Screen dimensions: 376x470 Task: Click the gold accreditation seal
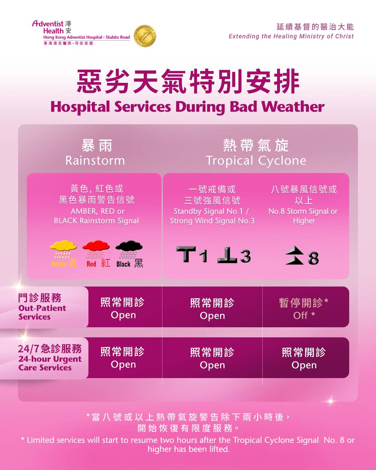[x=145, y=36]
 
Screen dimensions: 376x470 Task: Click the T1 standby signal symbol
[x=192, y=254]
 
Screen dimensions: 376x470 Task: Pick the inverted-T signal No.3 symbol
[x=234, y=254]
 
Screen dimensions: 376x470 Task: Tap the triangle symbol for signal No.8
[x=294, y=255]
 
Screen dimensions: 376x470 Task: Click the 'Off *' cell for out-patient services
[x=304, y=308]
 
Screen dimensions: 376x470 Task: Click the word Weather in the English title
[x=293, y=107]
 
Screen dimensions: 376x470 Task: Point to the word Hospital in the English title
[x=80, y=107]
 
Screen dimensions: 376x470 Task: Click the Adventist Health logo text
[x=52, y=27]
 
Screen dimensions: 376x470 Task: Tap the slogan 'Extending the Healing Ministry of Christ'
[x=291, y=36]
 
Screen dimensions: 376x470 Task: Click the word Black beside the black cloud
[x=124, y=264]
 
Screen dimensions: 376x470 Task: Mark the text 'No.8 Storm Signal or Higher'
[x=303, y=216]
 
